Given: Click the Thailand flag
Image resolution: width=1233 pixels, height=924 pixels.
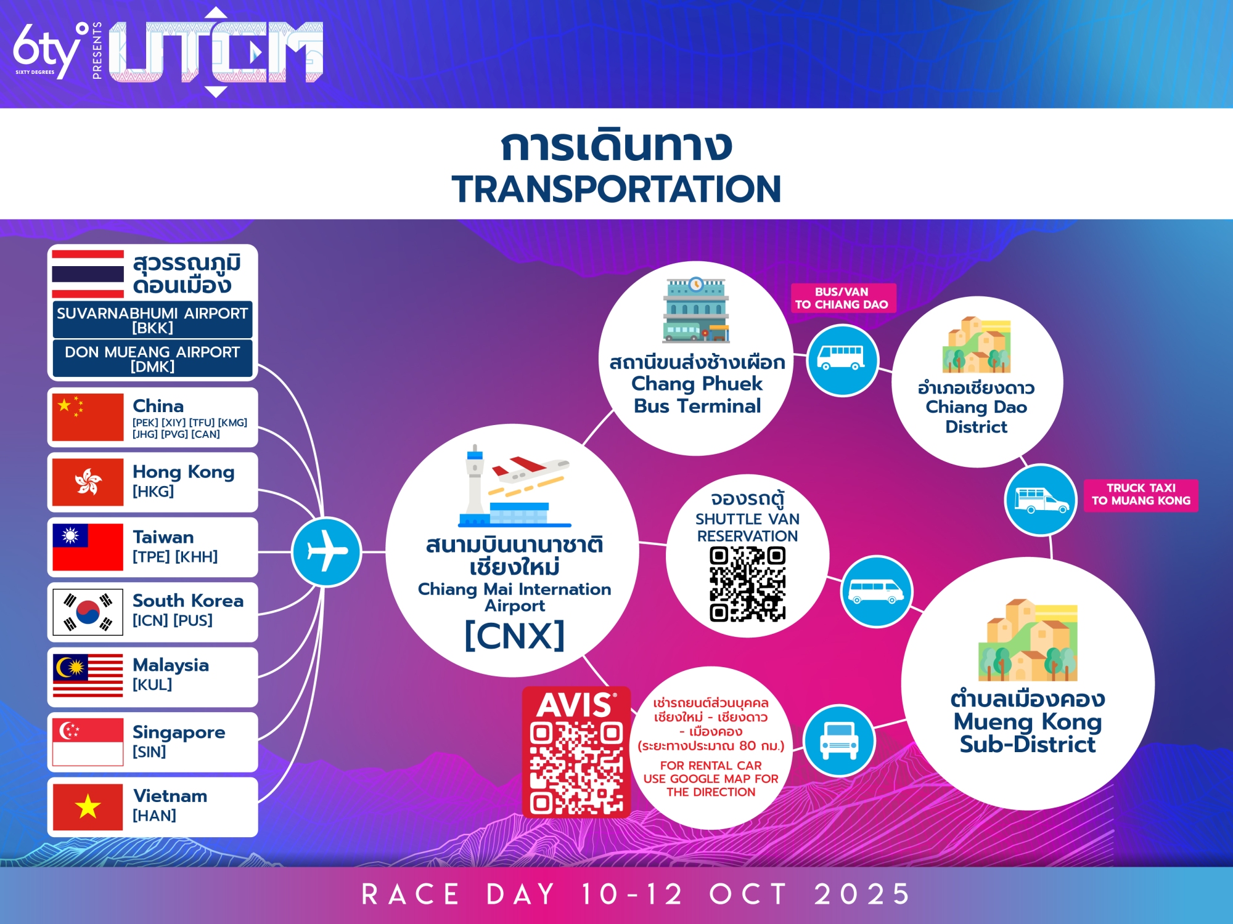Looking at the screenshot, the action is click(x=88, y=274).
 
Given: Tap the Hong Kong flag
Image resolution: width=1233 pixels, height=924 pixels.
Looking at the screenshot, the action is click(x=88, y=481).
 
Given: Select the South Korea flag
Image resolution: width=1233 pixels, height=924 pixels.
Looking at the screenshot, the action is click(x=88, y=612).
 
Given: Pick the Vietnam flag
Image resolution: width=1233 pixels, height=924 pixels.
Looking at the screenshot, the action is click(x=88, y=806).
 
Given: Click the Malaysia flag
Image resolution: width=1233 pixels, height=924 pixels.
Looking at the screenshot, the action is click(x=88, y=676).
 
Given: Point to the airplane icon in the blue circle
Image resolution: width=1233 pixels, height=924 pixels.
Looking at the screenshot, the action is click(x=327, y=551).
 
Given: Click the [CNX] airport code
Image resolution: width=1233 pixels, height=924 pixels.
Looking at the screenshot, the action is click(x=514, y=635).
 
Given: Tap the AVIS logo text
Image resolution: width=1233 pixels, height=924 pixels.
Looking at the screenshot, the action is click(x=576, y=705).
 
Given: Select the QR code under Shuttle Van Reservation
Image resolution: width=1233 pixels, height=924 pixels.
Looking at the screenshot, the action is click(x=747, y=584).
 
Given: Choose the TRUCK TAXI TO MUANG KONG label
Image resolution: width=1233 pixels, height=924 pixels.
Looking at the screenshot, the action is click(x=1141, y=495).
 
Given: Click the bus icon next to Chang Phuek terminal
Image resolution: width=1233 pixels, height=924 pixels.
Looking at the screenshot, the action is click(x=842, y=359).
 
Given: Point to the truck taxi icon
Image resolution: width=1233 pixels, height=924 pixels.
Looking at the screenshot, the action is click(x=1041, y=500).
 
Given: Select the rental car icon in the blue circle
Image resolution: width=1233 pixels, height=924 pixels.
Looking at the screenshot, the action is click(x=839, y=740).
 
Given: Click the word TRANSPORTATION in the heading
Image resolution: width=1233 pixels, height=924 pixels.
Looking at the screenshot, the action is click(x=616, y=188).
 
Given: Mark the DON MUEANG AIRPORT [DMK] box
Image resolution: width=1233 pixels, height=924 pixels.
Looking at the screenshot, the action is click(x=152, y=359).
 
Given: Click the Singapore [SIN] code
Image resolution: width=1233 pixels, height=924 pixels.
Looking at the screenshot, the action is click(x=149, y=752).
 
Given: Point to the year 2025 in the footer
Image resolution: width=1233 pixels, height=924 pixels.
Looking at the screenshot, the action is click(x=862, y=894).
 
